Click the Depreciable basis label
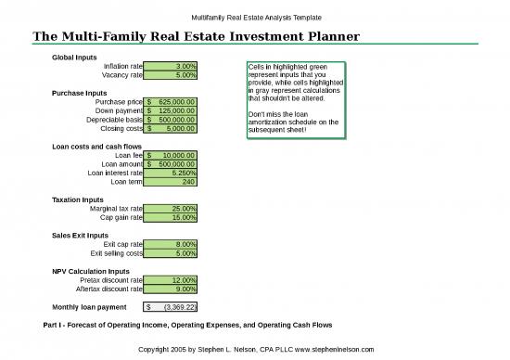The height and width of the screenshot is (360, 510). pos(114,120)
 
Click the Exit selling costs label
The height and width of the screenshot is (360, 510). pos(116,252)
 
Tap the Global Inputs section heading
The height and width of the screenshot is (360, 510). pos(74,57)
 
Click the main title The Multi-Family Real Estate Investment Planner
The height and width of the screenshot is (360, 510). pos(196,36)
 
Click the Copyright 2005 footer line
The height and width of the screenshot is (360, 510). pos(255,349)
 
